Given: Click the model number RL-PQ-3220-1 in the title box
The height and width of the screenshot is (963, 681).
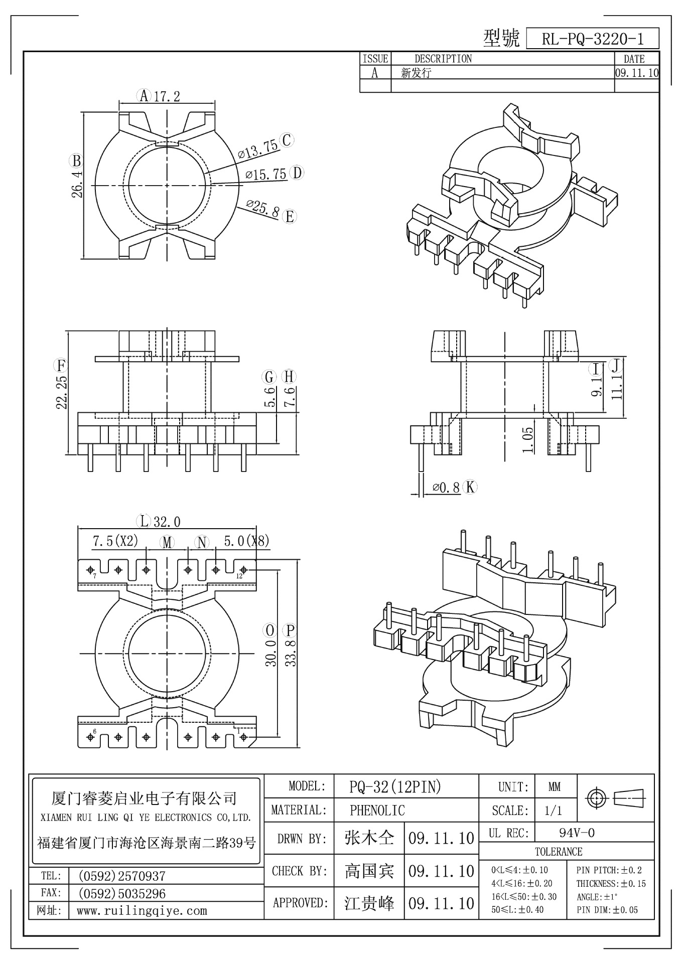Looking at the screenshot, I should click(592, 39).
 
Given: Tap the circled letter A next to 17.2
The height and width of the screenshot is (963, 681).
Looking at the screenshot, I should click(144, 95).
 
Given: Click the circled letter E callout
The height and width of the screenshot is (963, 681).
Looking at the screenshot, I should click(290, 217).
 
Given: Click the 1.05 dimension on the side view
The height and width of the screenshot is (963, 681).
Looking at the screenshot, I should click(528, 436).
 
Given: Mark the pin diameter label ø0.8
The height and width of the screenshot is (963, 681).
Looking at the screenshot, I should click(446, 487).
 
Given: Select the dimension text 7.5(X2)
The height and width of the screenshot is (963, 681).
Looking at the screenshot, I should click(115, 541).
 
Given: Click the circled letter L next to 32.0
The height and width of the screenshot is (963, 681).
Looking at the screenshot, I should click(145, 521).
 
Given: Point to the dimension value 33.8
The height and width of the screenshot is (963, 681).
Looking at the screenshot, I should click(291, 652).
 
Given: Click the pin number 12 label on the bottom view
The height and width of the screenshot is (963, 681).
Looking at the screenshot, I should click(239, 576).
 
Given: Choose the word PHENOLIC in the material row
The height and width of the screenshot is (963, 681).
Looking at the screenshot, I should click(377, 810).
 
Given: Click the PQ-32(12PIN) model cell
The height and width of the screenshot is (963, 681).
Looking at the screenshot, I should click(395, 787).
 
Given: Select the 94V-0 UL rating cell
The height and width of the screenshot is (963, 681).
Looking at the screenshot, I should click(577, 833).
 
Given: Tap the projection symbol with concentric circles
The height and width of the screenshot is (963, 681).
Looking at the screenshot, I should click(597, 797).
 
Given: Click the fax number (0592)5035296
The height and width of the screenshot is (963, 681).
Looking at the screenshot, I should click(122, 893).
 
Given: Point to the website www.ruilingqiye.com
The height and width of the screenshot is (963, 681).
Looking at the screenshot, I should click(142, 910).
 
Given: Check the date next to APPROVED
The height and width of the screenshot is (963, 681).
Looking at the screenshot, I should click(441, 903).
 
